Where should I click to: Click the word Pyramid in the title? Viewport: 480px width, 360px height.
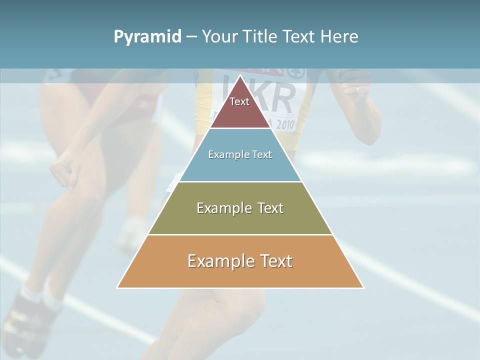pyautogui.click(x=147, y=37)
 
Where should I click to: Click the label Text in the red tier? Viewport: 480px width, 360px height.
pyautogui.click(x=239, y=101)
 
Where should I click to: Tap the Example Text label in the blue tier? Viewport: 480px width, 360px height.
pyautogui.click(x=240, y=154)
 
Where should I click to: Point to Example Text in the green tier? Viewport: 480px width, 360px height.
pyautogui.click(x=240, y=208)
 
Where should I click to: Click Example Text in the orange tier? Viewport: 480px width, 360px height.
pyautogui.click(x=240, y=261)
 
